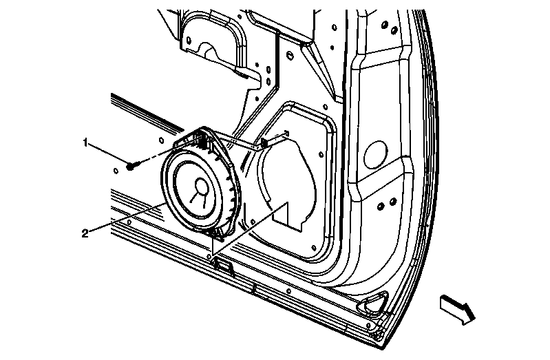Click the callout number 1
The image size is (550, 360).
coord(85,142)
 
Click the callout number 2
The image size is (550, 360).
coord(85,233)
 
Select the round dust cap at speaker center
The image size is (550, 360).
coord(201,186)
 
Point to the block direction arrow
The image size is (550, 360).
coord(456,309)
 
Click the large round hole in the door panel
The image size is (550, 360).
coord(376,154)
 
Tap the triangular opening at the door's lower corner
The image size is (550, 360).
coord(372,302)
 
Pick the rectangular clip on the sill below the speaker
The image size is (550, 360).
coord(223,265)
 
